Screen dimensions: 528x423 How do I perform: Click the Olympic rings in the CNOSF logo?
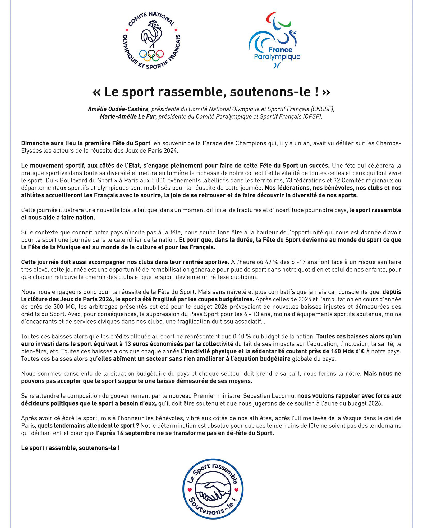[151, 54]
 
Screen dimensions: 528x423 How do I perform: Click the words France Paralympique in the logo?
[277, 53]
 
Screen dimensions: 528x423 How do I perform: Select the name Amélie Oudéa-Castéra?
[118, 109]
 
